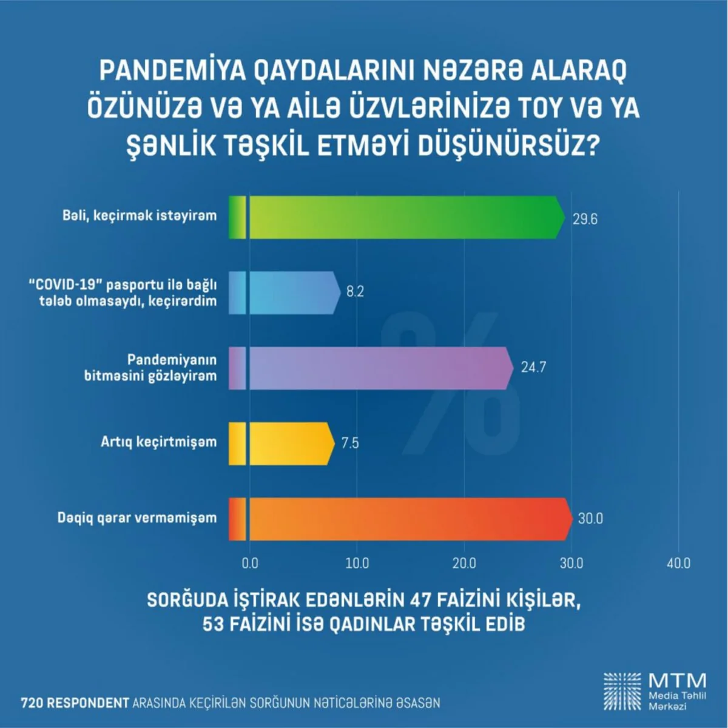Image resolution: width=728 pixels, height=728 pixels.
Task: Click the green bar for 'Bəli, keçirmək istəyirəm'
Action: coord(400,217)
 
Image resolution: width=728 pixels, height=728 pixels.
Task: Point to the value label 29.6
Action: coord(585,219)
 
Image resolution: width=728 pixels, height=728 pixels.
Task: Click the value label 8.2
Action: coord(355,292)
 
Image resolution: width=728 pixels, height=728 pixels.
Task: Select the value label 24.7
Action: coord(533,368)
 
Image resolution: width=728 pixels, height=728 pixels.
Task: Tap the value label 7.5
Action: coord(350,443)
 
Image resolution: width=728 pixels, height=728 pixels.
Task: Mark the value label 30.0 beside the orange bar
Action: coord(590,519)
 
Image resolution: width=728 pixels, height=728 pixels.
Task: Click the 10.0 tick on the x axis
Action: coord(357,564)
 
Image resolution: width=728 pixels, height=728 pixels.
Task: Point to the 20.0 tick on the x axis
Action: coord(464,564)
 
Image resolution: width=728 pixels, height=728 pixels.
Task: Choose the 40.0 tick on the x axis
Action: coord(678,564)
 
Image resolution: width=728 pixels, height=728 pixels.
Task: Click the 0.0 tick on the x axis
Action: coord(250,564)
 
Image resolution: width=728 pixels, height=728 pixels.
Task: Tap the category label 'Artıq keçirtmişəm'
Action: coord(158,442)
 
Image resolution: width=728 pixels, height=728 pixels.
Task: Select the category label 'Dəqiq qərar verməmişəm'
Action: coord(136,517)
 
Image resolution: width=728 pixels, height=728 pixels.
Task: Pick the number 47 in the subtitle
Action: coord(422,600)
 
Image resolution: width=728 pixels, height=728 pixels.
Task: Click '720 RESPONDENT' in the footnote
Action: coord(75,703)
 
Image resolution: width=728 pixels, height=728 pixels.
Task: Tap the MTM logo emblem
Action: coord(622,691)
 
